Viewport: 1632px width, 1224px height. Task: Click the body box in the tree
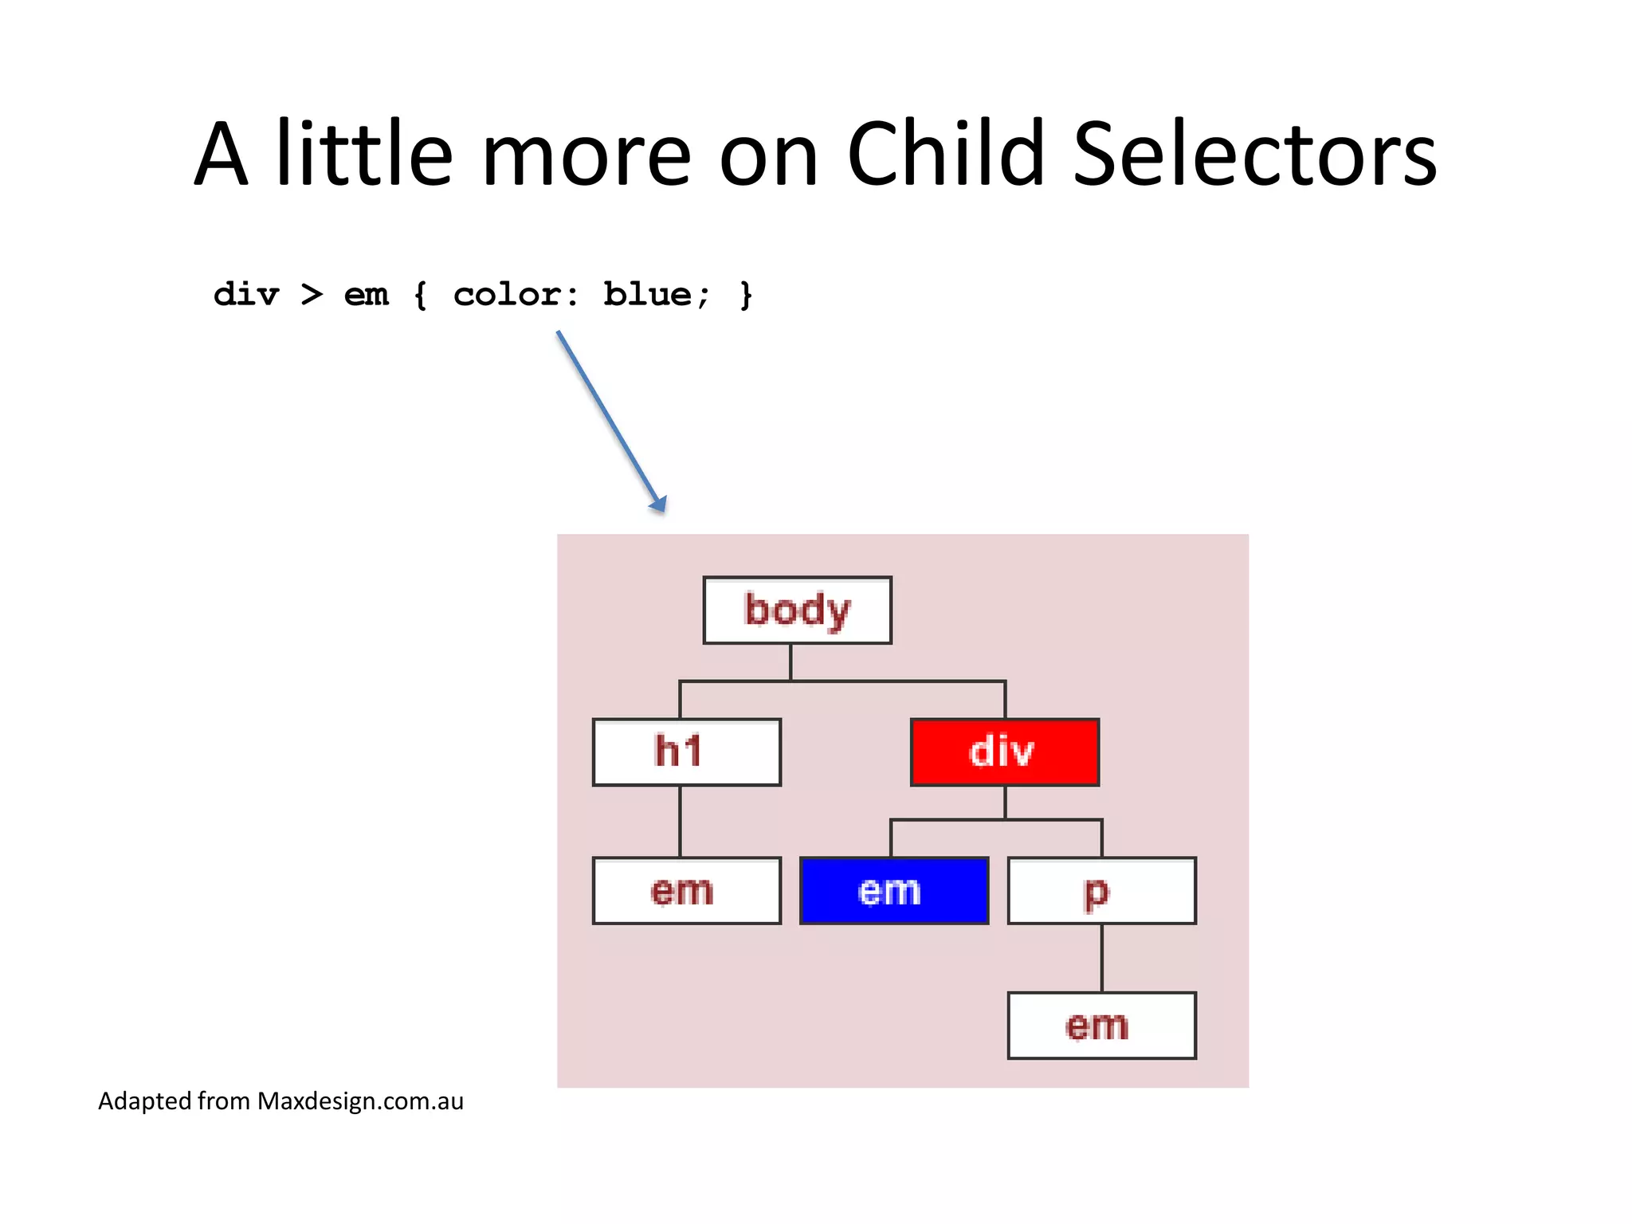(797, 610)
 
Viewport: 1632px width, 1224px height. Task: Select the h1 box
(686, 752)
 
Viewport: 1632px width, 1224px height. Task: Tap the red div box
(1004, 752)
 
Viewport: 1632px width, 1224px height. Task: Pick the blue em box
(893, 891)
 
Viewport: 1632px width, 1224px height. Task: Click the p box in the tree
(1101, 891)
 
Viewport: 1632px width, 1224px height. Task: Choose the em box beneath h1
(686, 891)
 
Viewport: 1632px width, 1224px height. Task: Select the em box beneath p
(1101, 1026)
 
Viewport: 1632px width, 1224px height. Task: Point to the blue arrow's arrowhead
(658, 504)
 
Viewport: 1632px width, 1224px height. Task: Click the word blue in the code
(647, 295)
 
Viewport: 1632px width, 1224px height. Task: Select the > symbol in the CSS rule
(312, 295)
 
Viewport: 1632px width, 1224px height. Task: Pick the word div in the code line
(246, 295)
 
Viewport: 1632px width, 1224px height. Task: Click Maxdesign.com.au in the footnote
(360, 1101)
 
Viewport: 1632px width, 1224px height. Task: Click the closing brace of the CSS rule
(746, 295)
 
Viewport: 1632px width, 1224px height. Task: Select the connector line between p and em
(1101, 958)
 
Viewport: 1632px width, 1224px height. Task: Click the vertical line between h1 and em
(680, 822)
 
